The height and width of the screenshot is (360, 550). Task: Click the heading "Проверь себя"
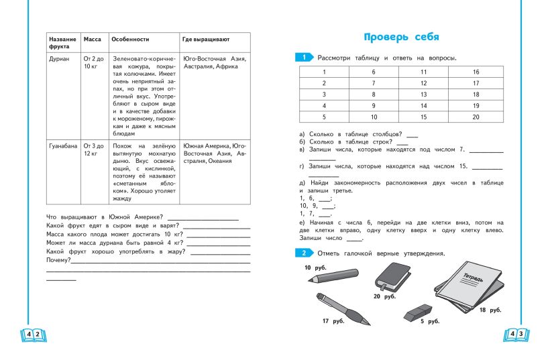click(401, 36)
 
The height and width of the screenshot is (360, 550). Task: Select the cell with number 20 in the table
click(476, 117)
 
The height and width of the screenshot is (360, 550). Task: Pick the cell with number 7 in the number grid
click(374, 83)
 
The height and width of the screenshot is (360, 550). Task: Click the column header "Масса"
click(92, 40)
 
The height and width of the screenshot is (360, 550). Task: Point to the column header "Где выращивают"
click(205, 40)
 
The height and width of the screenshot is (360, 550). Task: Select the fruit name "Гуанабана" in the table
click(63, 145)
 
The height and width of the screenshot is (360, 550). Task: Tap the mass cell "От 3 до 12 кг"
click(93, 149)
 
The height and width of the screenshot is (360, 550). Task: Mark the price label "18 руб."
click(490, 310)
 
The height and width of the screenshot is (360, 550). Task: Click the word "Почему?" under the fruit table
click(58, 259)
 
